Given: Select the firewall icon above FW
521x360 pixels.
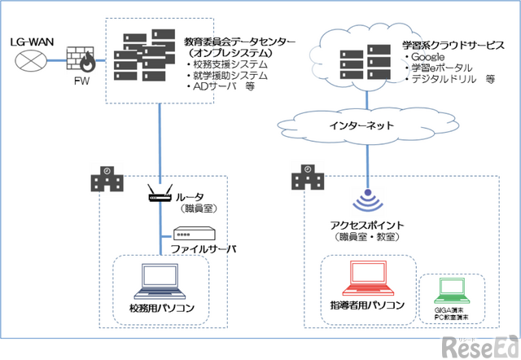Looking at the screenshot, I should pos(81,58).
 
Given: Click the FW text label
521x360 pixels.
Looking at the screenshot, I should pos(81,80).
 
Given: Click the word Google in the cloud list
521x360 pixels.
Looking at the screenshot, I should pos(431,59).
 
